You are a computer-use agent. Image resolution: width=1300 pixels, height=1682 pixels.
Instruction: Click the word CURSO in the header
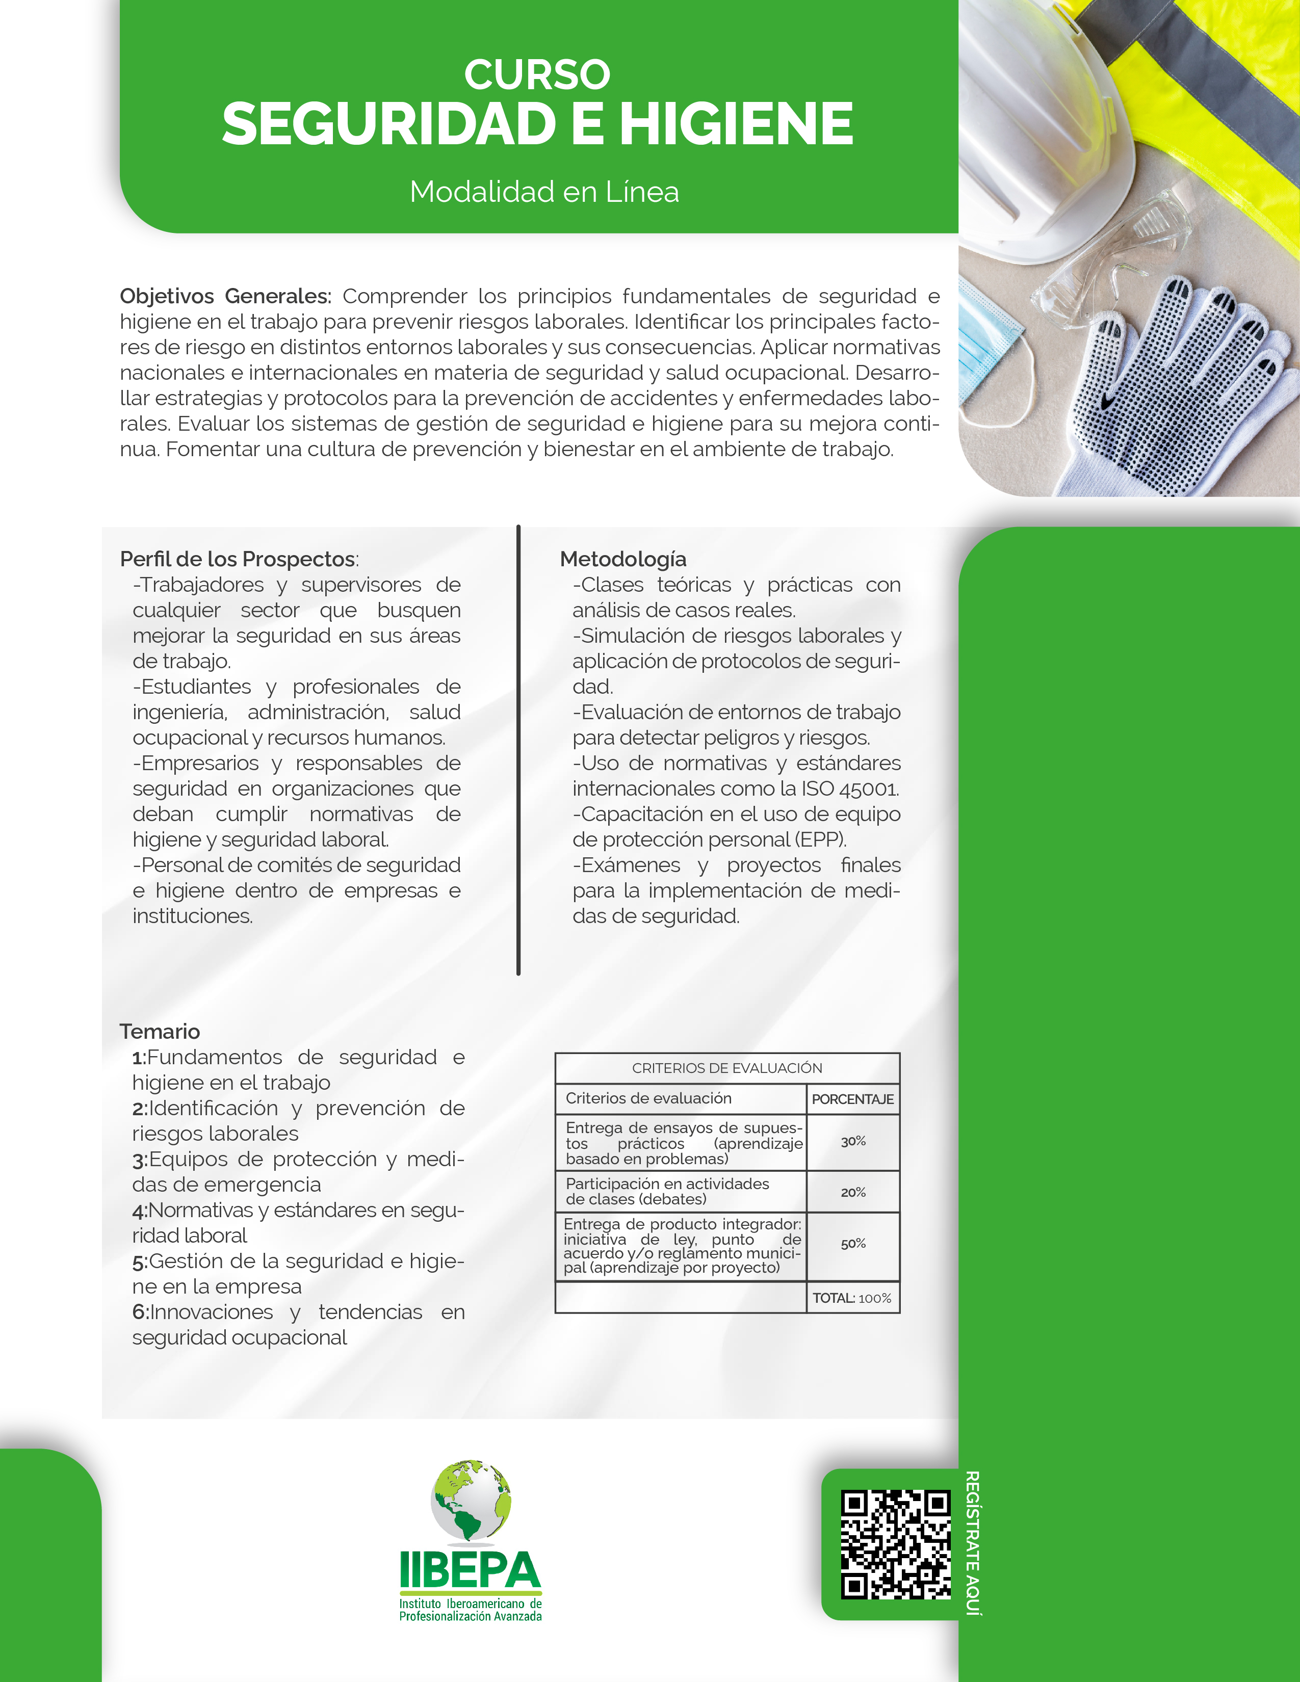click(x=537, y=75)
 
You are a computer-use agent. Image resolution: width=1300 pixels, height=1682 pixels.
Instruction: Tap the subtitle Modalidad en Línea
click(x=544, y=192)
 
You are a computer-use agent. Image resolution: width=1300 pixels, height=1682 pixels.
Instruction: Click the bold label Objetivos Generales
click(x=225, y=297)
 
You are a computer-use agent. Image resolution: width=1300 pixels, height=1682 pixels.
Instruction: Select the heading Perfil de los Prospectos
click(x=238, y=559)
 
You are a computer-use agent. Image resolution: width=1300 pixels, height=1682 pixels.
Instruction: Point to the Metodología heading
click(x=622, y=559)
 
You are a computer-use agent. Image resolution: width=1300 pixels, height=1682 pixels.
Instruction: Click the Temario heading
click(x=160, y=1031)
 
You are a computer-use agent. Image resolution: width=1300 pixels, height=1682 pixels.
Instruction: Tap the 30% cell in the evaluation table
click(x=852, y=1141)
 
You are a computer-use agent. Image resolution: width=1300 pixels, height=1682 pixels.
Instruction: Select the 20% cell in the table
click(x=852, y=1192)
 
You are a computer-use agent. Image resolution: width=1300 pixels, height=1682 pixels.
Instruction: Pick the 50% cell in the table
click(x=852, y=1244)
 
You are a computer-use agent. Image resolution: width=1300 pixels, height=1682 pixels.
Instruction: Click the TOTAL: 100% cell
click(x=852, y=1299)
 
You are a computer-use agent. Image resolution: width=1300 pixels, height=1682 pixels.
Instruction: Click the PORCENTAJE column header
click(x=852, y=1099)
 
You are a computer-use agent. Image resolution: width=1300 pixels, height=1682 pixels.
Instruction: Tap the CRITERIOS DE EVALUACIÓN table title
click(x=726, y=1068)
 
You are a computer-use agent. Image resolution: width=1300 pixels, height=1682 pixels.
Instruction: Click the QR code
click(x=895, y=1545)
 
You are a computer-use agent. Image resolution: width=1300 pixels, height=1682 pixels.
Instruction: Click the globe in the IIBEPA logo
click(x=471, y=1500)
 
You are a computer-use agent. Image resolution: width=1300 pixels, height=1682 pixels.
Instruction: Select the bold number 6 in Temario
click(x=139, y=1312)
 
